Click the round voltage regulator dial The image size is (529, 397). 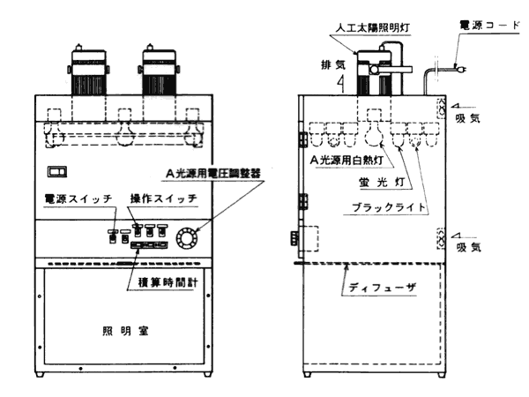click(188, 237)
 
